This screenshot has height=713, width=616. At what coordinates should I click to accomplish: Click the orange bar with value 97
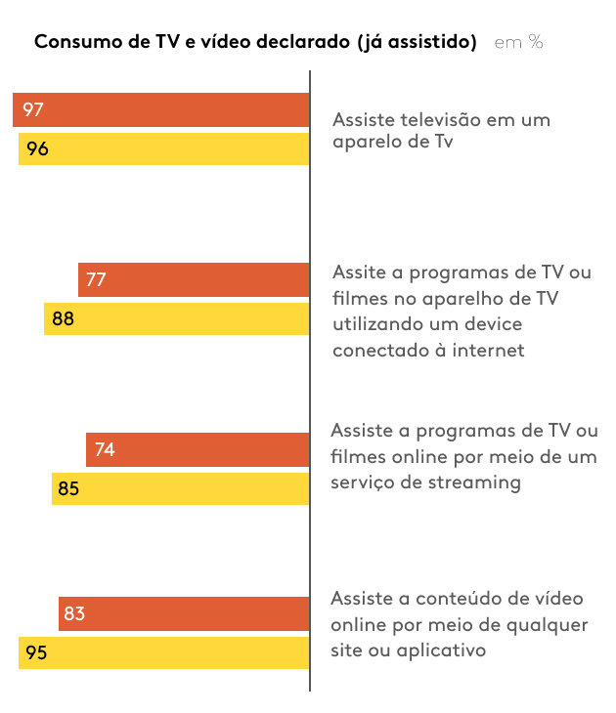tap(161, 109)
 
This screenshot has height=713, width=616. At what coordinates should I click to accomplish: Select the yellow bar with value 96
tap(164, 149)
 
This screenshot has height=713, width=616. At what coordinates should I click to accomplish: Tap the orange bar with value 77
tap(194, 279)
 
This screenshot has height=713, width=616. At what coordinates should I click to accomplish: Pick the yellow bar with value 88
tap(177, 318)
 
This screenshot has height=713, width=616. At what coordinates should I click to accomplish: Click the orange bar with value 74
tap(198, 449)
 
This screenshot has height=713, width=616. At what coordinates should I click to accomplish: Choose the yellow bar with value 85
tap(181, 488)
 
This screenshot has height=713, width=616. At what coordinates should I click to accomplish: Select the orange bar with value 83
tap(184, 613)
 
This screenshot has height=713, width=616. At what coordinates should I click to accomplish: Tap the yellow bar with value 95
tap(164, 652)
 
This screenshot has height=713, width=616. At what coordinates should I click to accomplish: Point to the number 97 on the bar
tap(33, 109)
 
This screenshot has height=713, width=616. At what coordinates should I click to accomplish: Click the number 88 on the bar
tap(64, 318)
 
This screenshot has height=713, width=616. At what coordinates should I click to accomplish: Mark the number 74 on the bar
tap(105, 449)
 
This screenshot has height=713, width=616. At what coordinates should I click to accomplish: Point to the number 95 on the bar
tap(36, 652)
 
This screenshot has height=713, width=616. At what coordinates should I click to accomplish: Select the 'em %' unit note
tap(518, 42)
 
